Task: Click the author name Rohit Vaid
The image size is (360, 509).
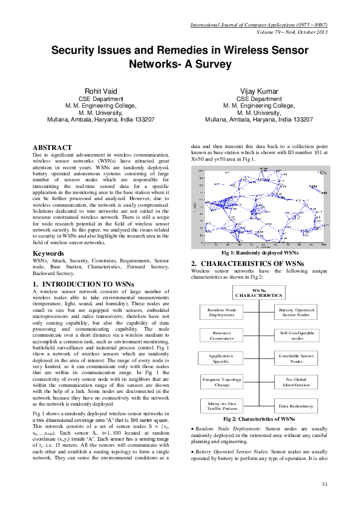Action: [x=100, y=91]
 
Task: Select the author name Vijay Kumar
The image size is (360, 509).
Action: [x=259, y=91]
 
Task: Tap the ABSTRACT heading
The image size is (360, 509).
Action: [x=53, y=147]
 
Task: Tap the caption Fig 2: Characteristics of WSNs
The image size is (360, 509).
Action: [x=258, y=418]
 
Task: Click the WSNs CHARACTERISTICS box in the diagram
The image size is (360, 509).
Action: [x=258, y=293]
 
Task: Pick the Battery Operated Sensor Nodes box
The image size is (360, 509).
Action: [x=295, y=312]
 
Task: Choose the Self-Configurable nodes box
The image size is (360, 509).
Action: [x=295, y=336]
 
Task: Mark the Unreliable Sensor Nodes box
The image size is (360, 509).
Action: [x=295, y=358]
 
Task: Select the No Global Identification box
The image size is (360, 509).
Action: [x=295, y=382]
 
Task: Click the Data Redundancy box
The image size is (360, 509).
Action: [x=295, y=406]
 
